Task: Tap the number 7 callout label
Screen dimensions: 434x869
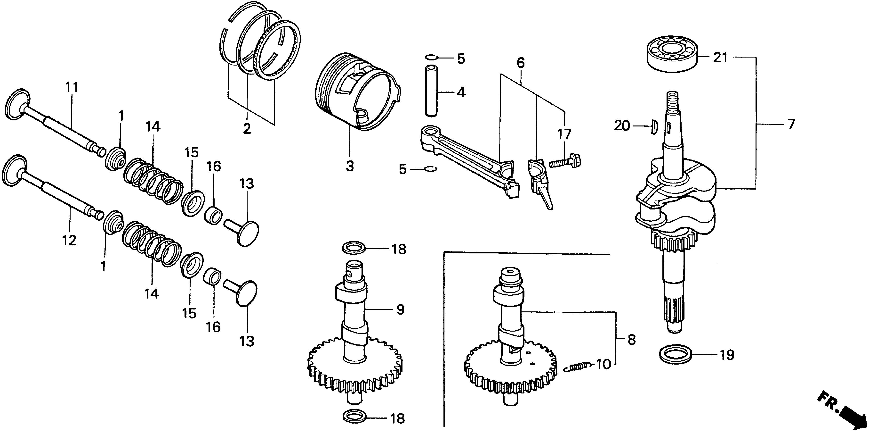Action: (791, 124)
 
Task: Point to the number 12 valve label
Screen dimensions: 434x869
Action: (69, 241)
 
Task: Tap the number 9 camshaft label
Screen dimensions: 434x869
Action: (400, 309)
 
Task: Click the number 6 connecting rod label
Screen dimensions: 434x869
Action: (521, 63)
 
